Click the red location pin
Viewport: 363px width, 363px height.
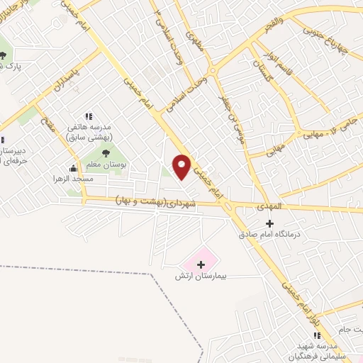click(x=182, y=167)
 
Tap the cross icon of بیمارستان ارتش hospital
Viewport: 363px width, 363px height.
click(x=201, y=264)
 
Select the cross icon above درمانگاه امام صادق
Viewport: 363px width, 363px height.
click(x=269, y=223)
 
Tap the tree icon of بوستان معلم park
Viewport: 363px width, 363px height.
click(x=106, y=151)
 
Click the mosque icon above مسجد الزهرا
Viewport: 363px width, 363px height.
click(x=73, y=169)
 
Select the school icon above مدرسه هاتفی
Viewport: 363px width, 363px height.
click(x=89, y=116)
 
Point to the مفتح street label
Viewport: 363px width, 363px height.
click(x=48, y=126)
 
